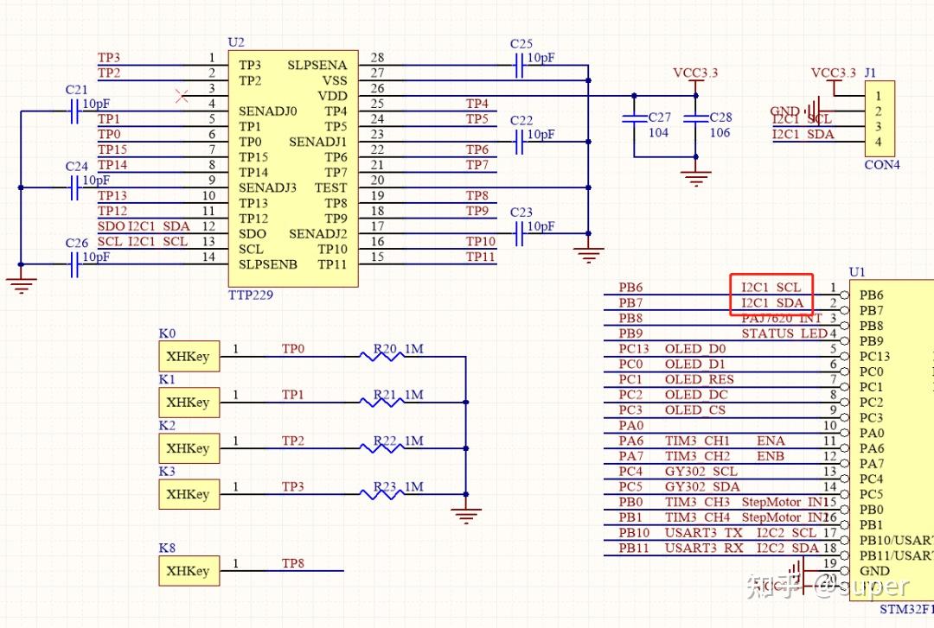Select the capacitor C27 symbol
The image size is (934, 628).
634,117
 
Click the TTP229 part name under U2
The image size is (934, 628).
251,295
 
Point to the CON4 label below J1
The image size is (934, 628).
882,164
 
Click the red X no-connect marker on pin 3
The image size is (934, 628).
182,96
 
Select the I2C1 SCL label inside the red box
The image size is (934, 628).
771,287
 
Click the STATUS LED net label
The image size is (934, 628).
784,333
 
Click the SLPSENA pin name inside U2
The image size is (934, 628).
317,66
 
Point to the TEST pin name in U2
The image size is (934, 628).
330,187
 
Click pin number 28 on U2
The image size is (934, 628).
377,58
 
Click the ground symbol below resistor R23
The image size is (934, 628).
466,515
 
